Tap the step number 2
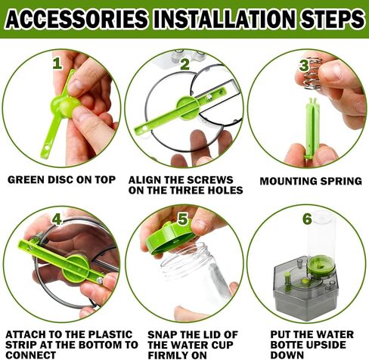click(x=184, y=64)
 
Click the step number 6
click(x=306, y=219)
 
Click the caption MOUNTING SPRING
click(x=305, y=182)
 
